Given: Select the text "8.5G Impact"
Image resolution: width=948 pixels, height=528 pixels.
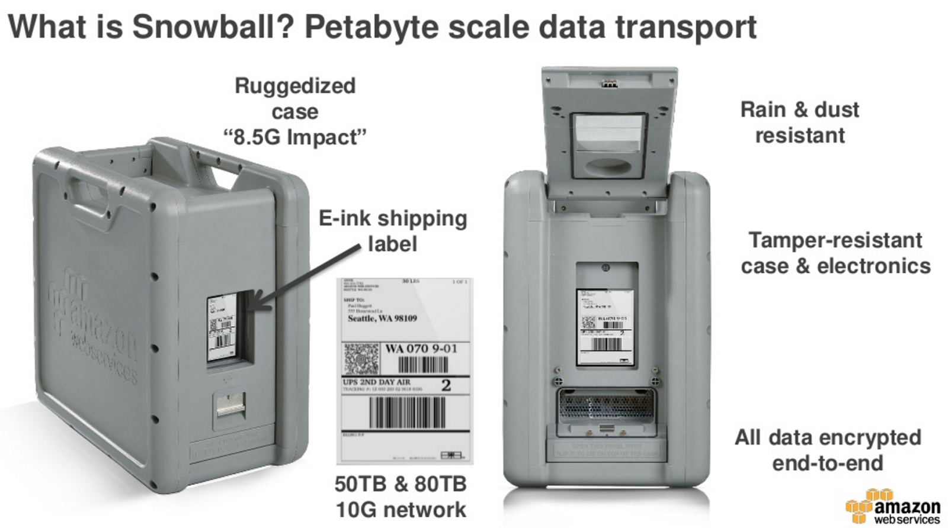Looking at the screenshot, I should pos(295,137).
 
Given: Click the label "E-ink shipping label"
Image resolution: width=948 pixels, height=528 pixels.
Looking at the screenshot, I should pos(392,231).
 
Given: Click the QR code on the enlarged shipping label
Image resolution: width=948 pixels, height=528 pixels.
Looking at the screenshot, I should pos(361,358).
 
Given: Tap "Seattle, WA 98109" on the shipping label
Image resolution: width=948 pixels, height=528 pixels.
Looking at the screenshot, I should pos(382,318).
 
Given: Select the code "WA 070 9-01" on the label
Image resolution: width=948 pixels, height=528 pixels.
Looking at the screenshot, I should pos(421,348).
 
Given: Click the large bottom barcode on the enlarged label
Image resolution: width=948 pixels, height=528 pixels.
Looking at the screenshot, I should pos(407,413).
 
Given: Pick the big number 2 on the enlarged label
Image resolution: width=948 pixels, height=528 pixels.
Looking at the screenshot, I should pos(446,385).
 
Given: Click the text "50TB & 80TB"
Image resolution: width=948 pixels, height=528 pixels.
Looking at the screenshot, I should pos(401,484).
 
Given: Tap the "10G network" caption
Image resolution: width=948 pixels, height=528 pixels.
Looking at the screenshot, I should pos(401,509).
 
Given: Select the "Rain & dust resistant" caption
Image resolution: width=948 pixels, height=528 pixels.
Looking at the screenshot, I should pos(799,122).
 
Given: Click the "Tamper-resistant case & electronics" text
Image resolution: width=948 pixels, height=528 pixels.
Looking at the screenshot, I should pos(835,253).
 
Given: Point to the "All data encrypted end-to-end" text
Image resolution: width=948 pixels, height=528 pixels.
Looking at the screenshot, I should pos(828,450).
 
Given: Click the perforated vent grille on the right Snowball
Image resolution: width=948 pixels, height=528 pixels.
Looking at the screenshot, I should pos(606,409).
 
